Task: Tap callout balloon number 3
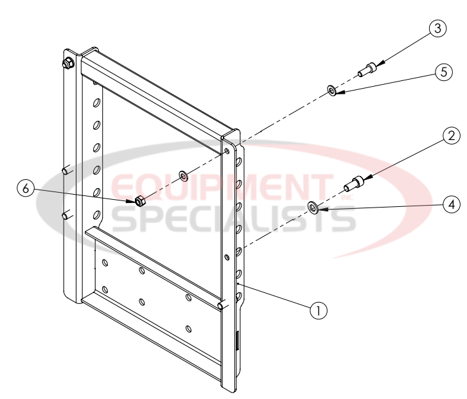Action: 437,29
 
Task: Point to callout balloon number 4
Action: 452,204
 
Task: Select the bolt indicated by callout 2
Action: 355,183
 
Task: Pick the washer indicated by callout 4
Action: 314,208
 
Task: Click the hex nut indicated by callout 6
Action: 138,201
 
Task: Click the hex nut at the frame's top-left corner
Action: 67,63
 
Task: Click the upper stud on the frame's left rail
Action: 66,171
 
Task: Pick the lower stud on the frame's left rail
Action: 66,215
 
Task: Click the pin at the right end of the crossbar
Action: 222,306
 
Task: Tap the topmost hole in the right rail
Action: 228,152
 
